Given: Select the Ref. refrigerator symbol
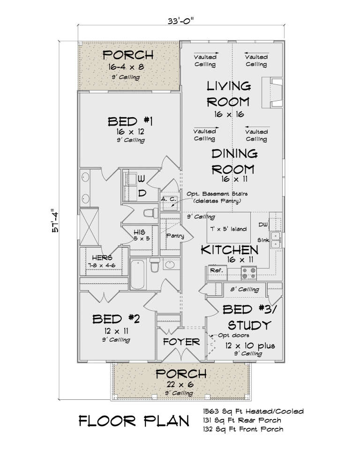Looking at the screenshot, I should pos(216,271).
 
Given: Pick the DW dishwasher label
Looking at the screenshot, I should pos(264,225).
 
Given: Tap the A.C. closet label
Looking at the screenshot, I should pos(168,199).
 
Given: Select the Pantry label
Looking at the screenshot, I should pos(174,236).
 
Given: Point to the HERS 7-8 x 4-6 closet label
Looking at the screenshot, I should pos(102,261).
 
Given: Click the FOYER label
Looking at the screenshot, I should pos(181,342).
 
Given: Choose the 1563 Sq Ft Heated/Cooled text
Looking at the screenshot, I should pos(253,412).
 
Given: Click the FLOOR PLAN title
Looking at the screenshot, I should pos(134,420).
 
